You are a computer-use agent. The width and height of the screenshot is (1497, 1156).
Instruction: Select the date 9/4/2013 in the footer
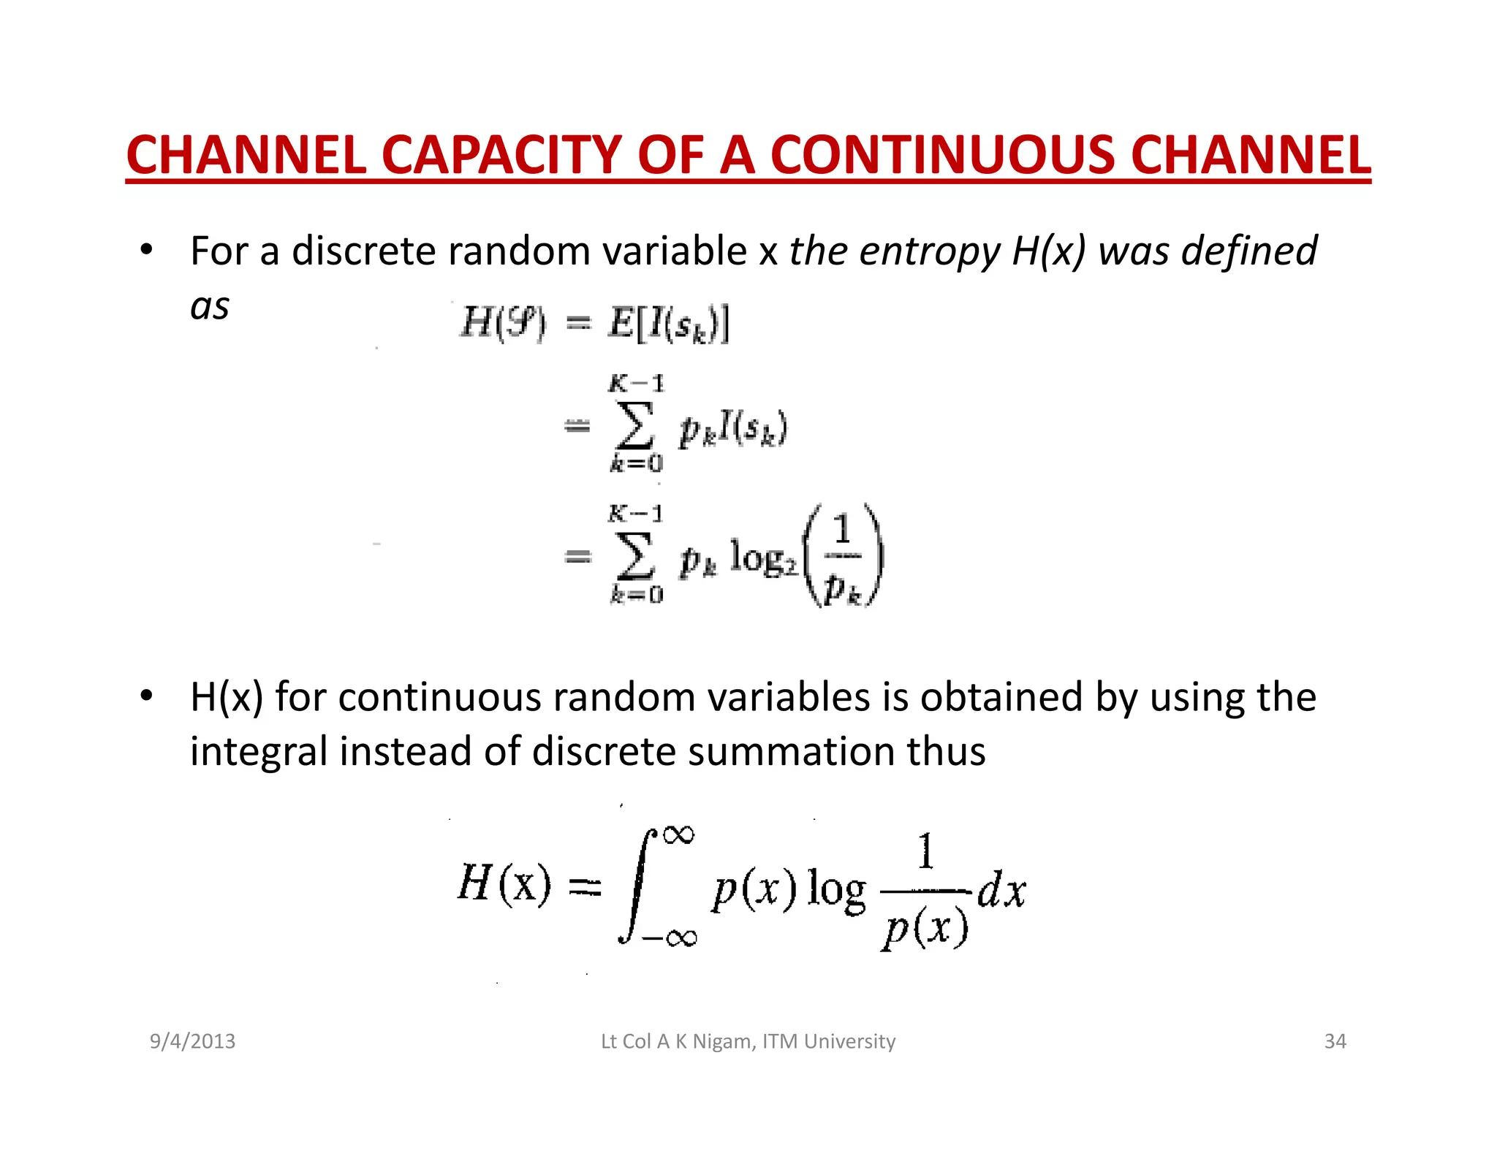(192, 1041)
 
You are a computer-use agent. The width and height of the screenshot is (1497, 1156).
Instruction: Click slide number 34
(1335, 1041)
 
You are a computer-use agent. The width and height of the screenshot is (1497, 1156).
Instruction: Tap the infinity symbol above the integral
(679, 834)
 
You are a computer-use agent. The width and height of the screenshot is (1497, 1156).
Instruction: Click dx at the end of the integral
(1002, 891)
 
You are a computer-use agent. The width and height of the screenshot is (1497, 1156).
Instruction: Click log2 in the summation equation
(764, 559)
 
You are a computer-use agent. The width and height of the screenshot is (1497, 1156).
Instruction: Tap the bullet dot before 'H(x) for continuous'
(147, 696)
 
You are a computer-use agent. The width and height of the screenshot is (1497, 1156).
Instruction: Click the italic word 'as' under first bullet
(210, 306)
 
